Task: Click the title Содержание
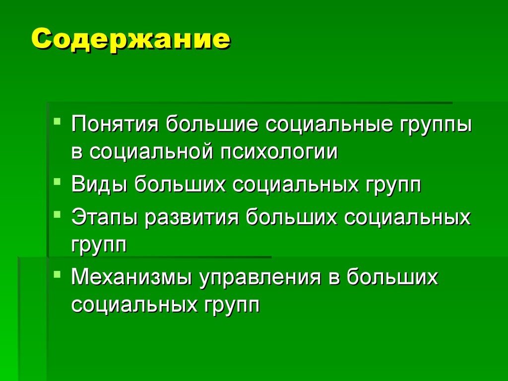(x=131, y=39)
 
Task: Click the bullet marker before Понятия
(x=59, y=121)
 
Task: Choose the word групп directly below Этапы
(x=99, y=244)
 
